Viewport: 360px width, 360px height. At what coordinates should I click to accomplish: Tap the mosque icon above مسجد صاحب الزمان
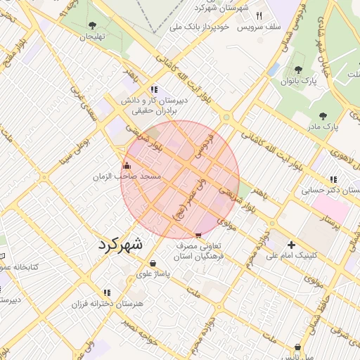pos(127,165)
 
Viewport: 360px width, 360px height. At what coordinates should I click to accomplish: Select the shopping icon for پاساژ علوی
pos(153,263)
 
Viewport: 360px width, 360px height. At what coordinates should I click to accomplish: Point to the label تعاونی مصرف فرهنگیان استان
pos(202,252)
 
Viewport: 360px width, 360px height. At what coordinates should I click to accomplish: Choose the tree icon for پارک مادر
pos(323,116)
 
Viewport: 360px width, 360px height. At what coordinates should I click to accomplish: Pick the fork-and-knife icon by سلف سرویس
pos(259,15)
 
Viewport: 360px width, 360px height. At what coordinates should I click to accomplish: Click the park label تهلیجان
pos(91,35)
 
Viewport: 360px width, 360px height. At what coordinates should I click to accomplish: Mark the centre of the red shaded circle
pos(180,179)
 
